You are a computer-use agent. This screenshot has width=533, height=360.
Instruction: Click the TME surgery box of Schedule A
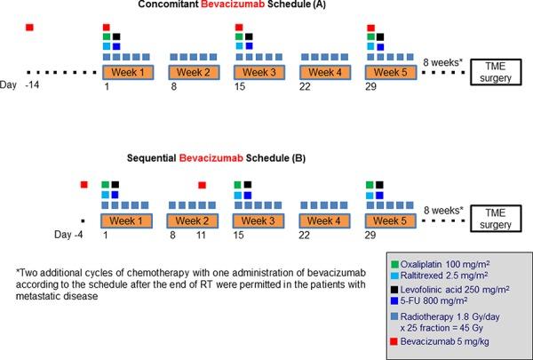coord(493,71)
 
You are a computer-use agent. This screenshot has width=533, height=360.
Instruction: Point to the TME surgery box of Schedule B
coord(493,219)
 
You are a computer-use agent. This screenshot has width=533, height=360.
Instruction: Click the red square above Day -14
coord(29,28)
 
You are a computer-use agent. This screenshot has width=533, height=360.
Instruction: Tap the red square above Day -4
coord(84,184)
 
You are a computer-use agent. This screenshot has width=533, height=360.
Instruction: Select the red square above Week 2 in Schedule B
coord(203,184)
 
